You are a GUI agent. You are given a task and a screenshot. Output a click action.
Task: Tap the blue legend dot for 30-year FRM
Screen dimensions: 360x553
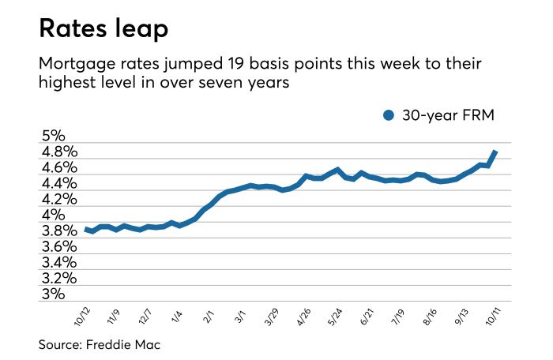click(388, 115)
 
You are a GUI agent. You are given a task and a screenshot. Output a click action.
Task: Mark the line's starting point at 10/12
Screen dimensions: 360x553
click(86, 229)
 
